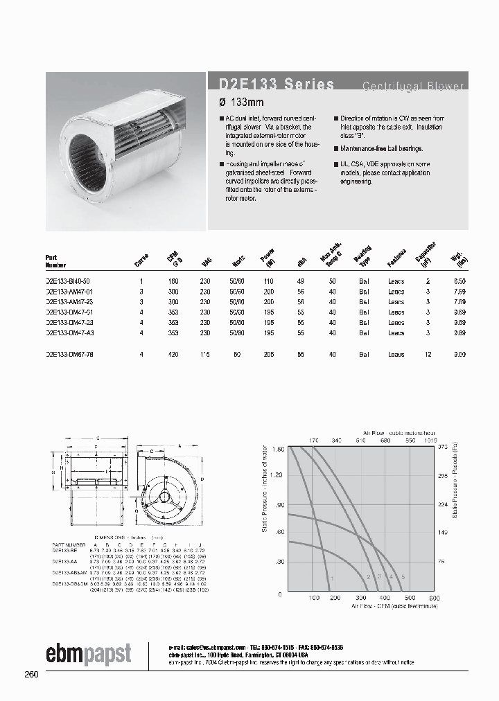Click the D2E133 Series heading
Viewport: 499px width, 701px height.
272,85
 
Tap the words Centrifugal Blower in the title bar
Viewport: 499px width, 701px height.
413,86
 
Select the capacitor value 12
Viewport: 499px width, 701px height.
428,354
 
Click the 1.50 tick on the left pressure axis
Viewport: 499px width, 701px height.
277,450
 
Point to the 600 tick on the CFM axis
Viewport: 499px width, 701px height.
435,598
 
